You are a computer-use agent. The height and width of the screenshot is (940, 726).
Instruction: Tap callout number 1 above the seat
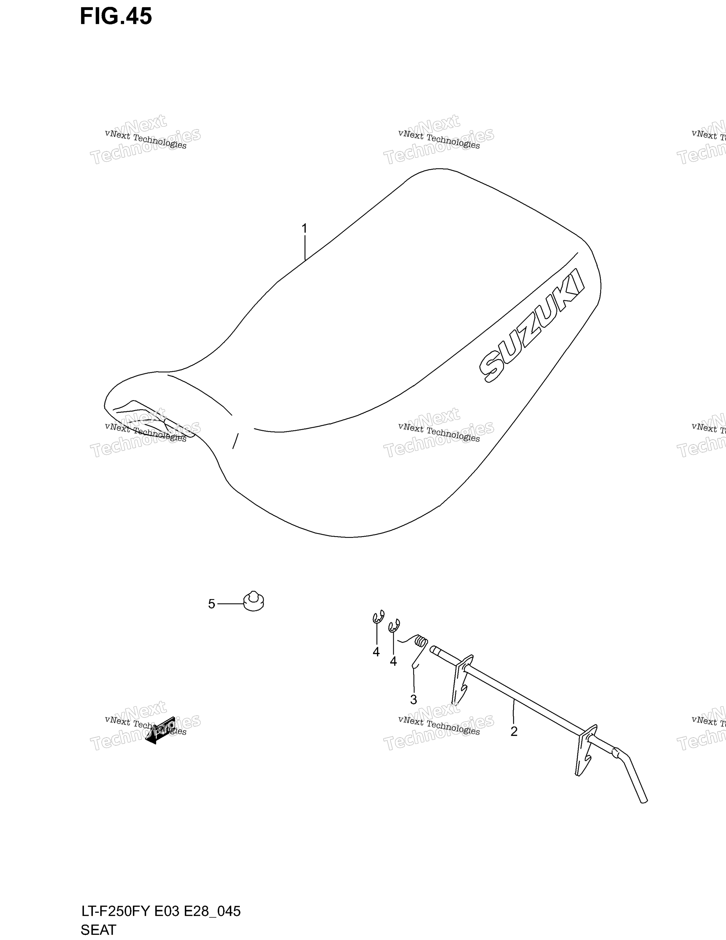tap(305, 228)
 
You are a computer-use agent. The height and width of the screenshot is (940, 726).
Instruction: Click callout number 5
tap(212, 604)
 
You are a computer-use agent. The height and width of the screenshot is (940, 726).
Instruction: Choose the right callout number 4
tap(393, 661)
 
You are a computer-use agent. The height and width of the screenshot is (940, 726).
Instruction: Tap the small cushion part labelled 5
tap(253, 602)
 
